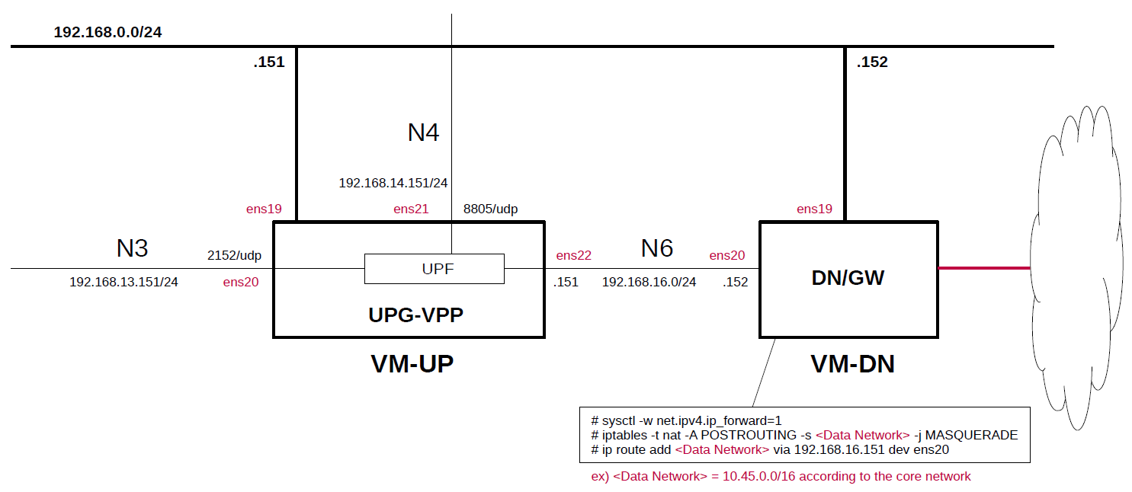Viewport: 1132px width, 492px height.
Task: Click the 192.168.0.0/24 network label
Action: click(107, 33)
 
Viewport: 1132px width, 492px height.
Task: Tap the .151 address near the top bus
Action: click(268, 62)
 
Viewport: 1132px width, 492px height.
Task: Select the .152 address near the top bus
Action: click(872, 62)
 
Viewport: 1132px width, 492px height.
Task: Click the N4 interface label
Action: click(423, 133)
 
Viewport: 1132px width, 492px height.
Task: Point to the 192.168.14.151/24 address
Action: click(393, 183)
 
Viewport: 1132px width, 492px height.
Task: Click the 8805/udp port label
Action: click(490, 209)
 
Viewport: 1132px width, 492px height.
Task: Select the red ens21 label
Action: click(411, 209)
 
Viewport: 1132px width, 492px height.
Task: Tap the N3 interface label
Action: click(132, 248)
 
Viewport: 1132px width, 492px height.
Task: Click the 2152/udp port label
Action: click(234, 256)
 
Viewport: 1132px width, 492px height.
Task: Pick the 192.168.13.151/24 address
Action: click(123, 282)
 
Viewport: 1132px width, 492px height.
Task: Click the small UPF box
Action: click(434, 269)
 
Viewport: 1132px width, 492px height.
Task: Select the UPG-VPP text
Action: click(415, 314)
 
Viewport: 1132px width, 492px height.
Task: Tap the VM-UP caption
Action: click(412, 365)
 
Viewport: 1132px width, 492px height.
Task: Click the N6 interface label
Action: click(656, 248)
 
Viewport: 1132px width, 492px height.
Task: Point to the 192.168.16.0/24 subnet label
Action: click(649, 282)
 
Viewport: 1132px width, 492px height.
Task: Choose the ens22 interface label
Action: click(573, 256)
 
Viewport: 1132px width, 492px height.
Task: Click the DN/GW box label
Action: click(848, 278)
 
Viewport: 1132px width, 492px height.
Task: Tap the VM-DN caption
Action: click(852, 365)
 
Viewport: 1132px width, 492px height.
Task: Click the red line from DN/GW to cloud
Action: click(984, 268)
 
